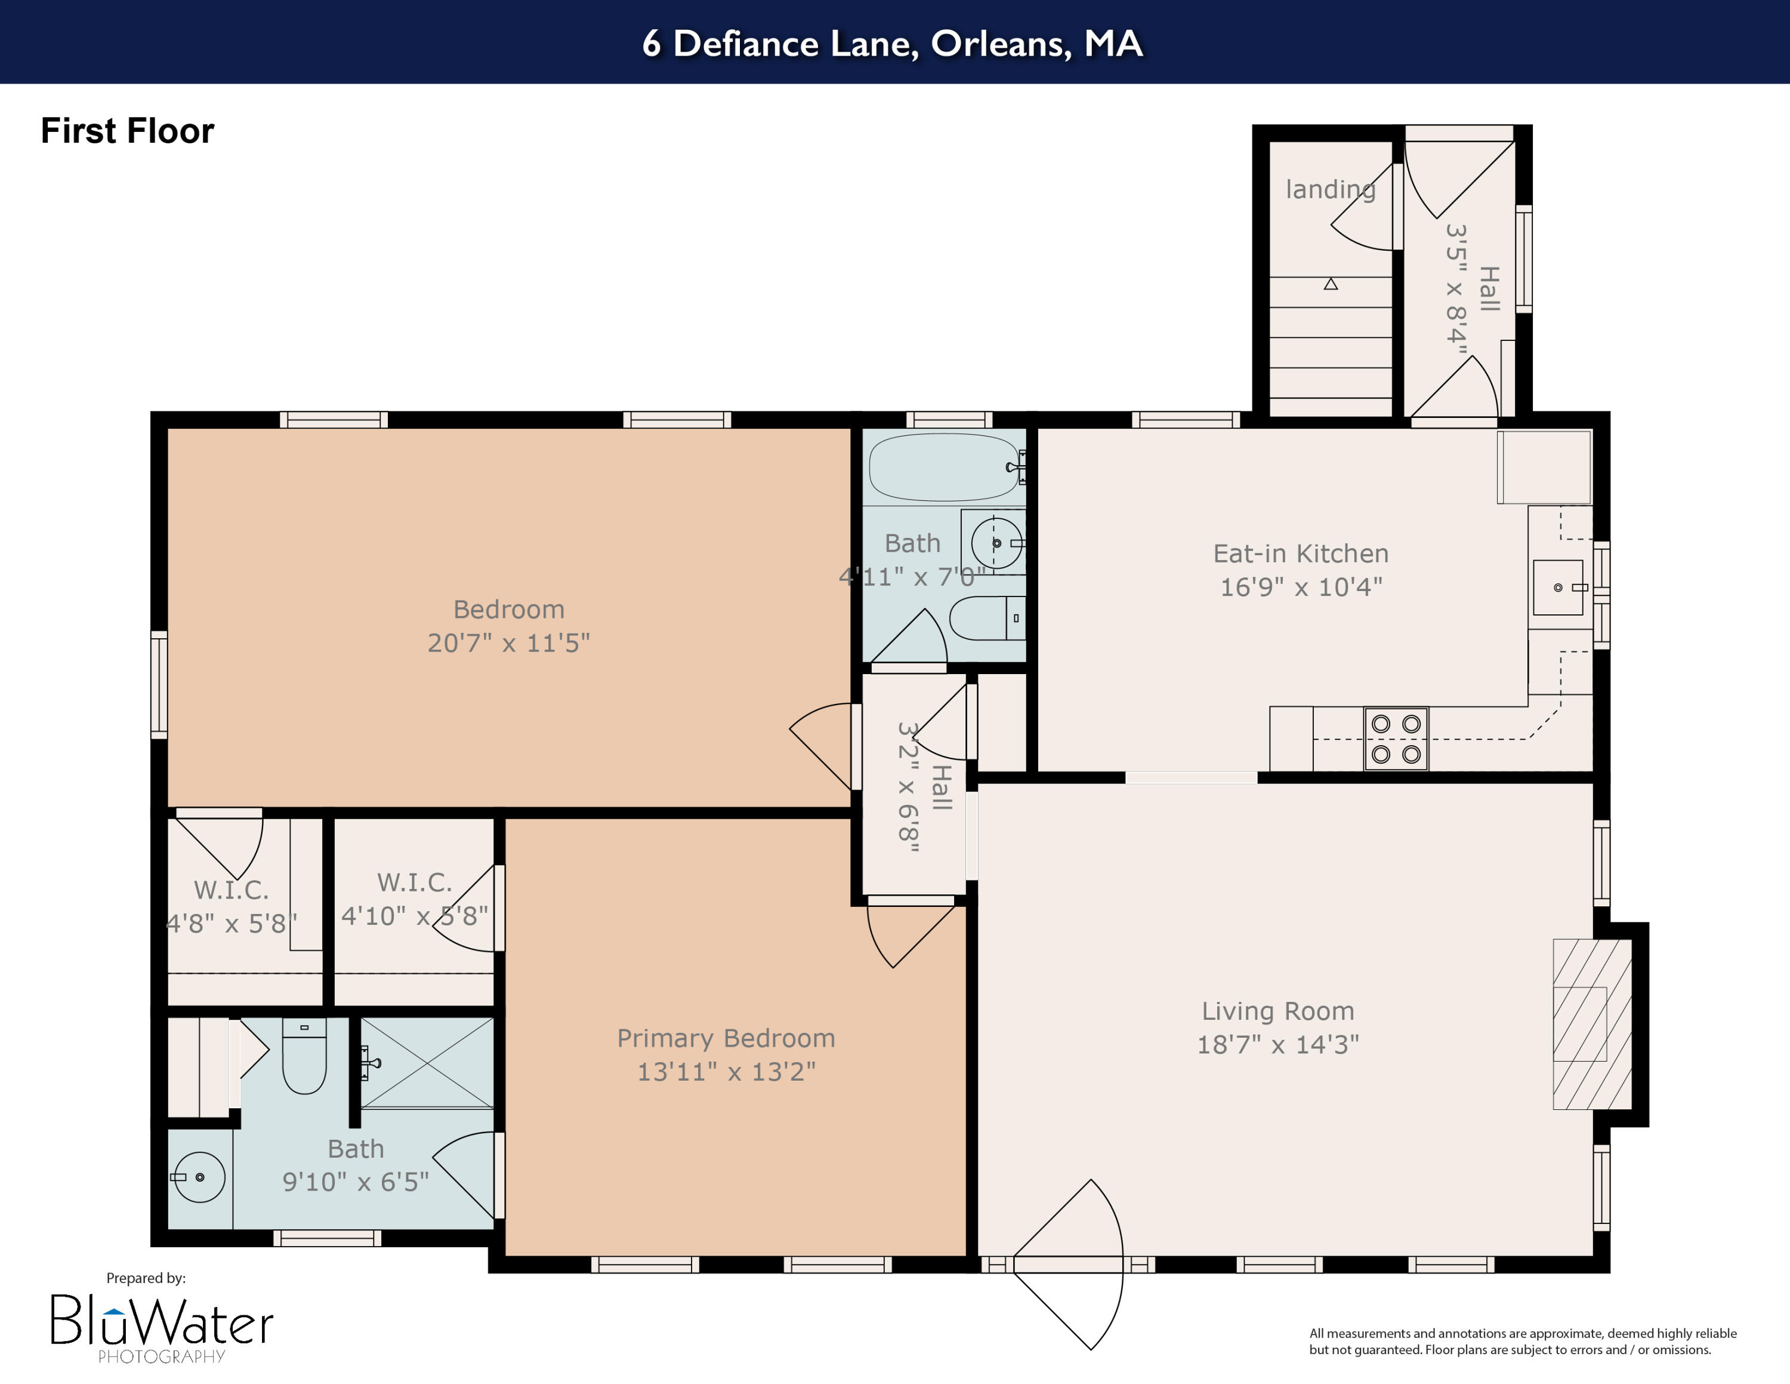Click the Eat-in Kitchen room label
[1301, 553]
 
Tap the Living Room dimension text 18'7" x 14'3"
[1277, 1044]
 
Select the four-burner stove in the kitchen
[1396, 739]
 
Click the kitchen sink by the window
[1557, 587]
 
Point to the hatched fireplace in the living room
[1592, 1024]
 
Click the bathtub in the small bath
[943, 468]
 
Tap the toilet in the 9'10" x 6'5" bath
[304, 1057]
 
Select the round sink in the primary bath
[199, 1177]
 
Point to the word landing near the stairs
[1329, 189]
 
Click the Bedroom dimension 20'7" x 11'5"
[508, 643]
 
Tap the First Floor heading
[127, 131]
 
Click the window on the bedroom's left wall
[159, 685]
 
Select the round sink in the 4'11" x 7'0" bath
[996, 543]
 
